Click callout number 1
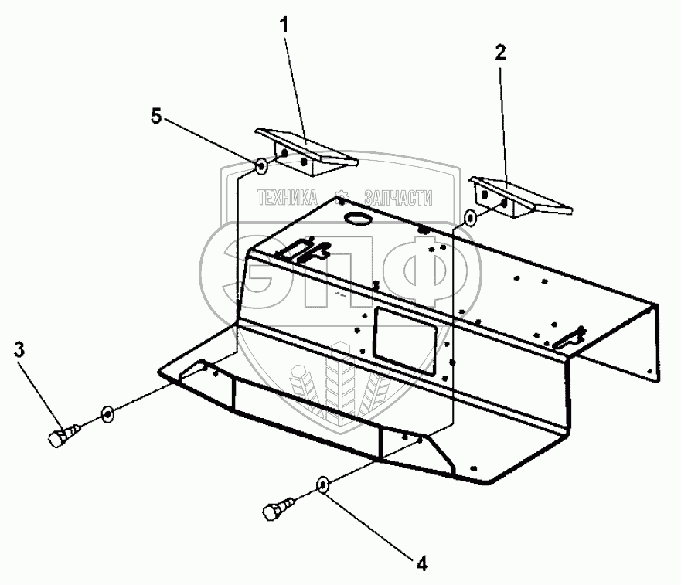[x=284, y=25]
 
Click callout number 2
[x=500, y=53]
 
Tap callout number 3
[x=19, y=350]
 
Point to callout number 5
[x=155, y=117]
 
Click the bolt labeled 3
[x=60, y=437]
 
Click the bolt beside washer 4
[x=274, y=511]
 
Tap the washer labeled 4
[x=323, y=486]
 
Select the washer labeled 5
[x=261, y=165]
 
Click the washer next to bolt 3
[x=107, y=415]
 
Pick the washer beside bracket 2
[x=470, y=219]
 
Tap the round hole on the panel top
[x=359, y=219]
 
